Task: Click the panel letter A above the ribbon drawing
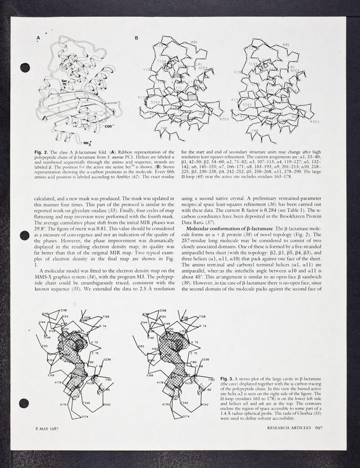click(x=39, y=39)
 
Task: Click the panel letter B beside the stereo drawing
click(x=136, y=39)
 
